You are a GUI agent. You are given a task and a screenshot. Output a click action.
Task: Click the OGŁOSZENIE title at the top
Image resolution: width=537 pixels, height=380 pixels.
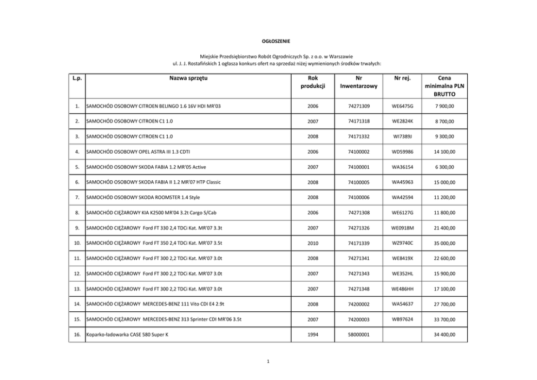pos(269,41)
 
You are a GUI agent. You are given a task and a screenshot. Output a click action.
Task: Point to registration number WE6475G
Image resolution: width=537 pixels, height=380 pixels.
pos(402,106)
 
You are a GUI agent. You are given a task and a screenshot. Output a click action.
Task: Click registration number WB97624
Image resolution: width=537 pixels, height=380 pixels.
pos(402,319)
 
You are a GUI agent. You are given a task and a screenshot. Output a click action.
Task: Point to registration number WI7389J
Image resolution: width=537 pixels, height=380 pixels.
pos(402,136)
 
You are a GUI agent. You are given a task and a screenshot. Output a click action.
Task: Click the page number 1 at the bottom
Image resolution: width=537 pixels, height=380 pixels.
pos(269,363)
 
